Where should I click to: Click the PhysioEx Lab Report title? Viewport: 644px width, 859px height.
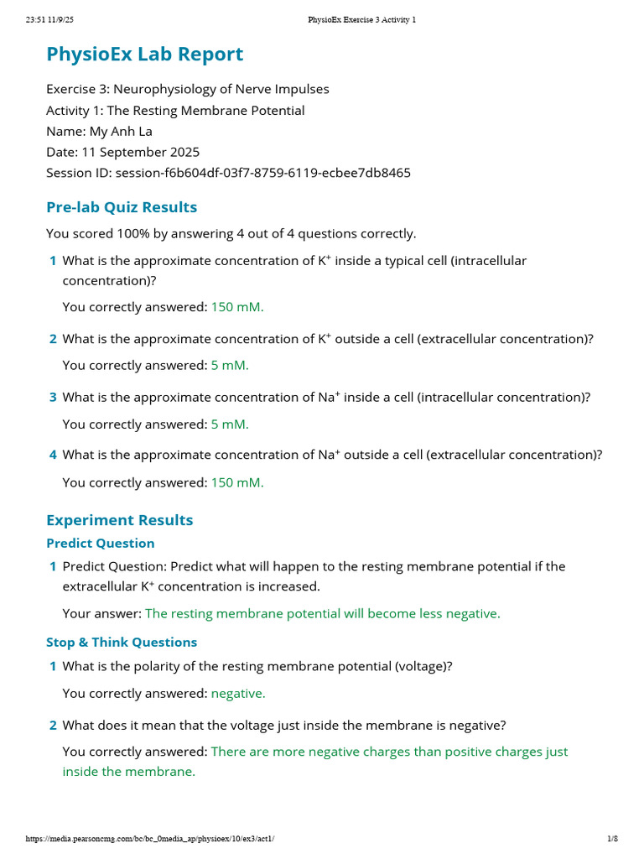click(144, 55)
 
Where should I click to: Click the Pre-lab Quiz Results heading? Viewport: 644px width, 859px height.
click(122, 207)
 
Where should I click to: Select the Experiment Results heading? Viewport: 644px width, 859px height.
click(119, 520)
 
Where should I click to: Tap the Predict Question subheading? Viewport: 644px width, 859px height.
click(100, 544)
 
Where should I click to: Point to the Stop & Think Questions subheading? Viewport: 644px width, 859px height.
click(122, 643)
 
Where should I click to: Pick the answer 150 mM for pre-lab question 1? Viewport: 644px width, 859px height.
click(236, 307)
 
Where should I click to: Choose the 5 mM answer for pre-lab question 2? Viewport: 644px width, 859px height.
click(230, 366)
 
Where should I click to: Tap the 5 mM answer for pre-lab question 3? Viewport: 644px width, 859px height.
click(230, 424)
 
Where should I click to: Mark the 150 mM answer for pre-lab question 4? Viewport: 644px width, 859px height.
click(236, 483)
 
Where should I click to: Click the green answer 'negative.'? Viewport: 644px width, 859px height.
click(238, 694)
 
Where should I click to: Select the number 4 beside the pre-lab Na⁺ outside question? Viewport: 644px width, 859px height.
click(53, 455)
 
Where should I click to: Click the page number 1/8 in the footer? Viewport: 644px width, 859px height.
click(612, 839)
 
